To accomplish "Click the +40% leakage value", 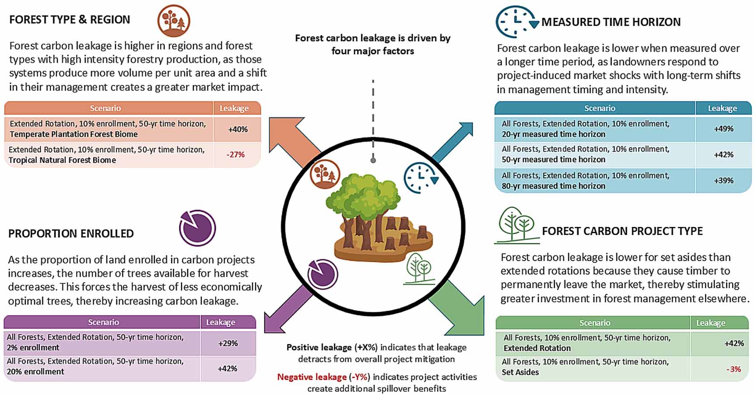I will [x=238, y=129].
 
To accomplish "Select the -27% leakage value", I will [x=235, y=154].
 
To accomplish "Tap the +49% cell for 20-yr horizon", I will [x=723, y=129].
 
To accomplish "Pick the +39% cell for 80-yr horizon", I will [x=723, y=180].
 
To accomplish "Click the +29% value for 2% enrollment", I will [x=228, y=343].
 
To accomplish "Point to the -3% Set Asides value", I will [x=733, y=369].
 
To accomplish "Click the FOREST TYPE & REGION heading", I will [x=70, y=20].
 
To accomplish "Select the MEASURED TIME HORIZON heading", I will [x=611, y=22].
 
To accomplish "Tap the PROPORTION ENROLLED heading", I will [x=71, y=234].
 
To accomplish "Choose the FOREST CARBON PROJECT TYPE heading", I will [x=622, y=231].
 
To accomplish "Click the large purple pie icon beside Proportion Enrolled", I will [x=197, y=227].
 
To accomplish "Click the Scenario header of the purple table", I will [x=103, y=322].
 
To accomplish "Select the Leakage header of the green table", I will [x=710, y=323].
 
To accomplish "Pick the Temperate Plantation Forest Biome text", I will [x=74, y=134].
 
